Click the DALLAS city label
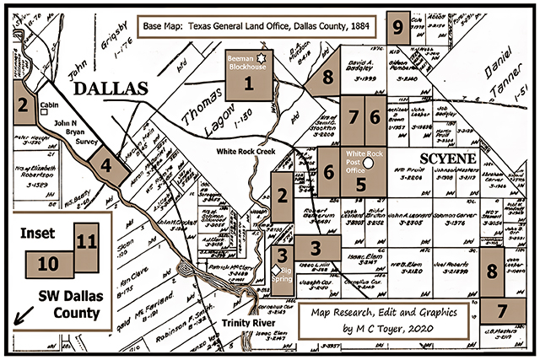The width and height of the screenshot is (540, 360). [109, 89]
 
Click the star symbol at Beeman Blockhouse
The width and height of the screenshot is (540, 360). [261, 57]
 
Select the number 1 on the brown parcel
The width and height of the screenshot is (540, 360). [248, 83]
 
